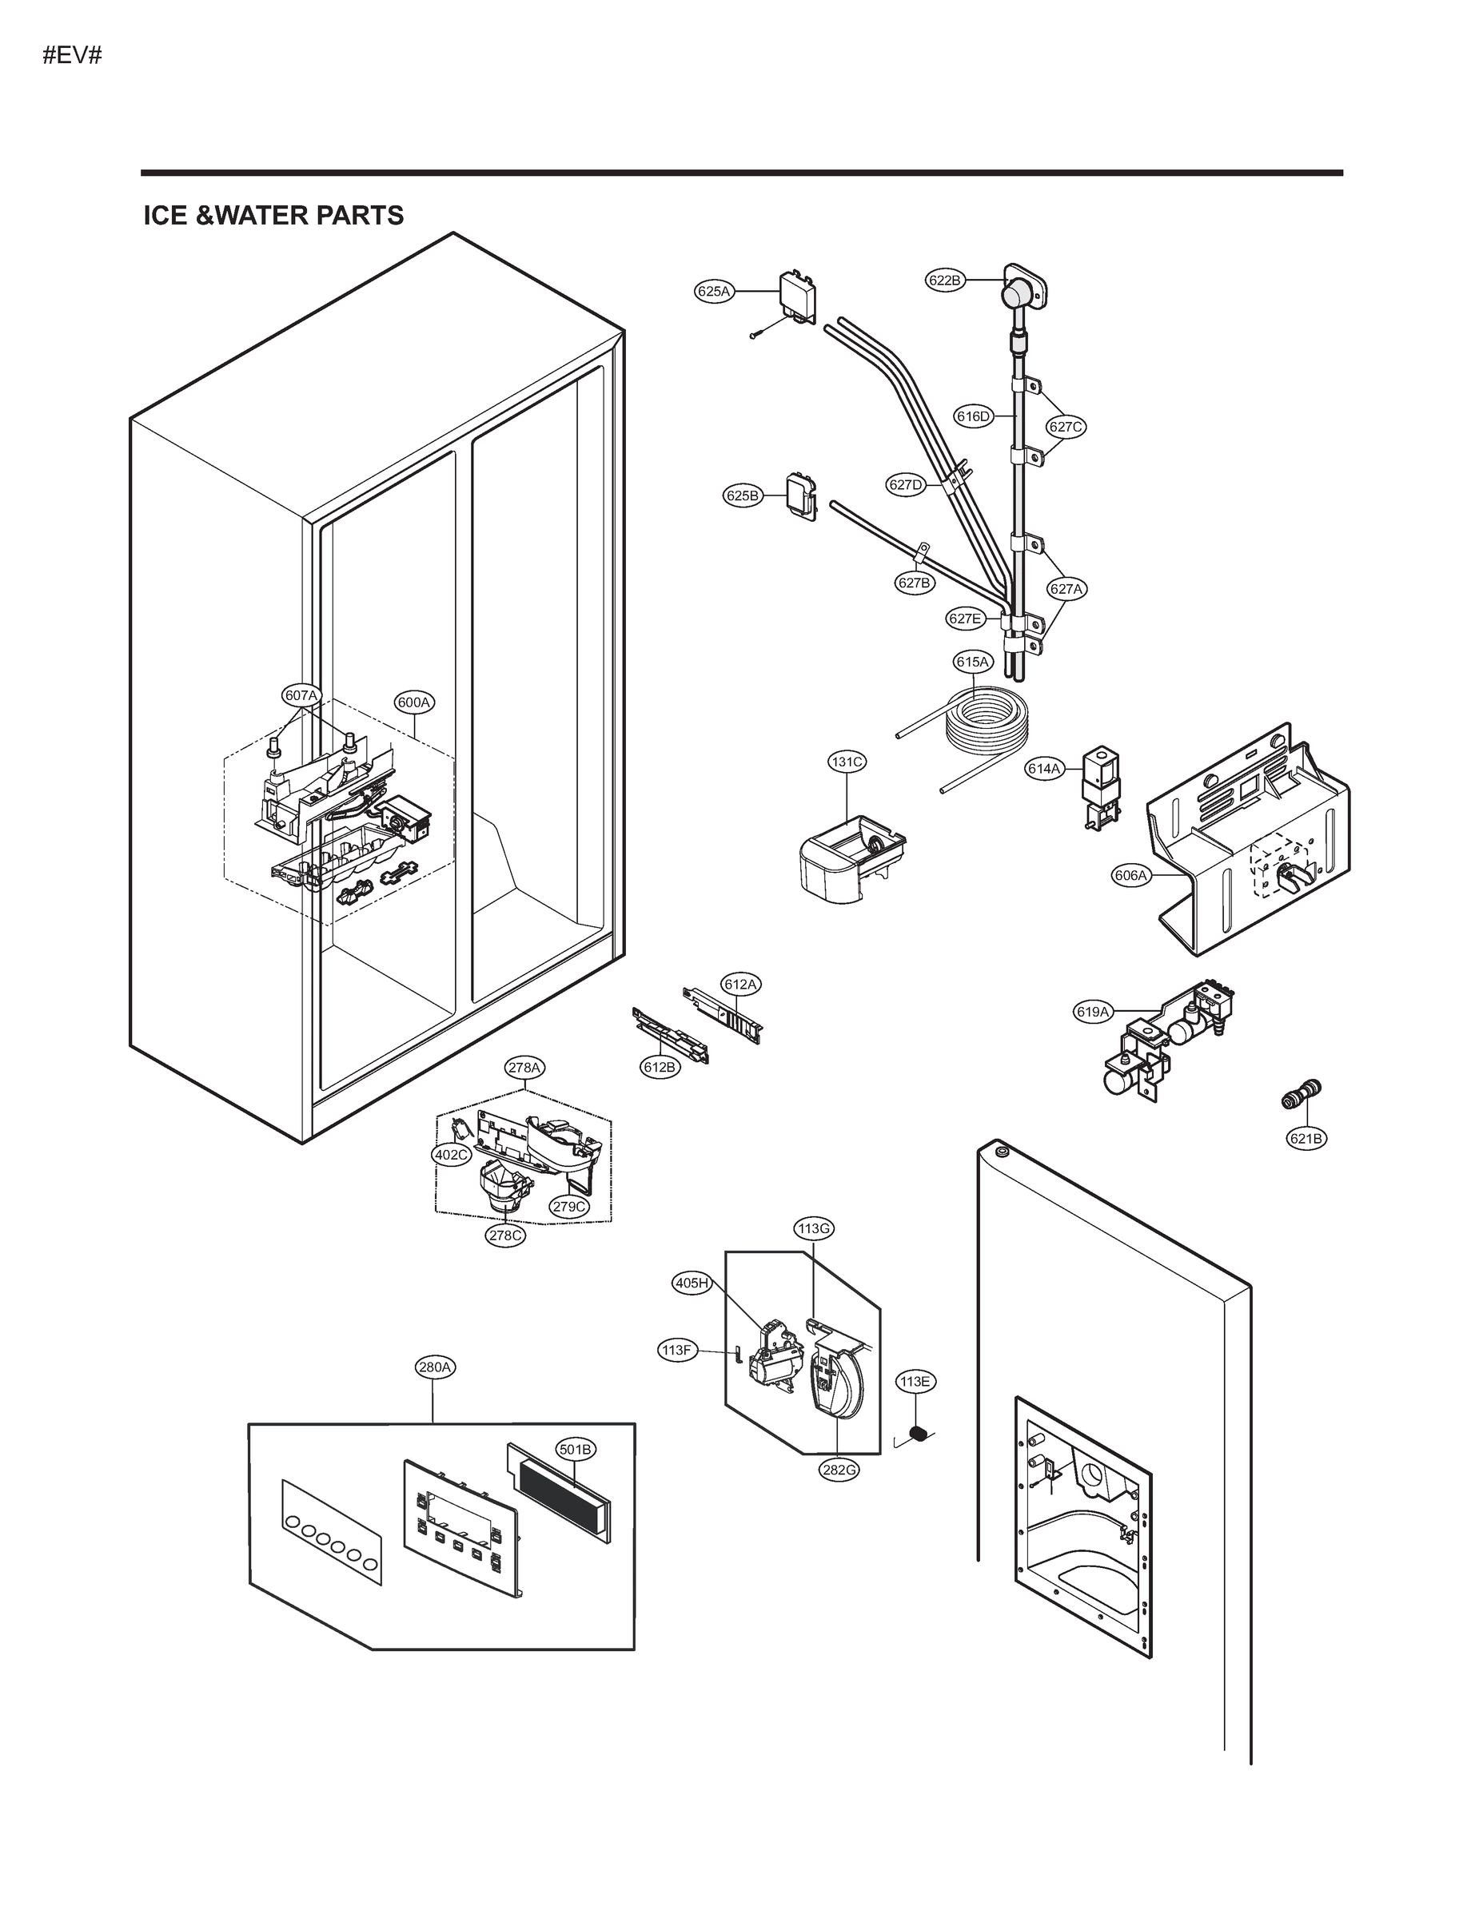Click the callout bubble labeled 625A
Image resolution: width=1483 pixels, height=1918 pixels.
713,292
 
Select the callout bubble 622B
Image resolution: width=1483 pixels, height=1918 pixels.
945,281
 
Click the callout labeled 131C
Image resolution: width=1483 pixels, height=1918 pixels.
847,762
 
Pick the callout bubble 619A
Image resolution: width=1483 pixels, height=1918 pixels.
1093,1012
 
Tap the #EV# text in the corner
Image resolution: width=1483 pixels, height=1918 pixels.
73,55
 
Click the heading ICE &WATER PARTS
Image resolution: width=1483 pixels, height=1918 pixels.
273,215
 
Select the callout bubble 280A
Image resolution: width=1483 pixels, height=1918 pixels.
435,1367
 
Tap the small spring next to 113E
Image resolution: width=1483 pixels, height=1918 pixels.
918,1435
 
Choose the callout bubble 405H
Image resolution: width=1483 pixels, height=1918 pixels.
692,1283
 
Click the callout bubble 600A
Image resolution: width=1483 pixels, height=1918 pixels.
414,702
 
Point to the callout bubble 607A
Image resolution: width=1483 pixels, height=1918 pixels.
301,695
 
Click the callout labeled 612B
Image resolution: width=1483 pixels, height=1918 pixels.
660,1067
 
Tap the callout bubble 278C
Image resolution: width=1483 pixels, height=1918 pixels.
506,1235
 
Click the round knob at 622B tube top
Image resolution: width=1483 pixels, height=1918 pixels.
1019,291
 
